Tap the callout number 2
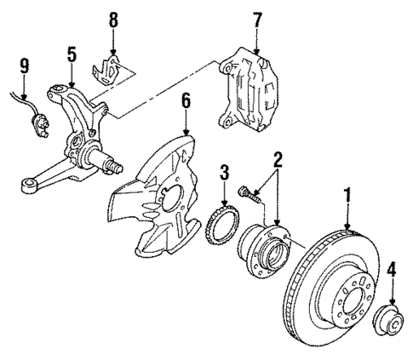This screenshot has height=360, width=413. [277, 159]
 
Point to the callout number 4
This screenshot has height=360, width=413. [391, 272]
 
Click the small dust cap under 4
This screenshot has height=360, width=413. [391, 324]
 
